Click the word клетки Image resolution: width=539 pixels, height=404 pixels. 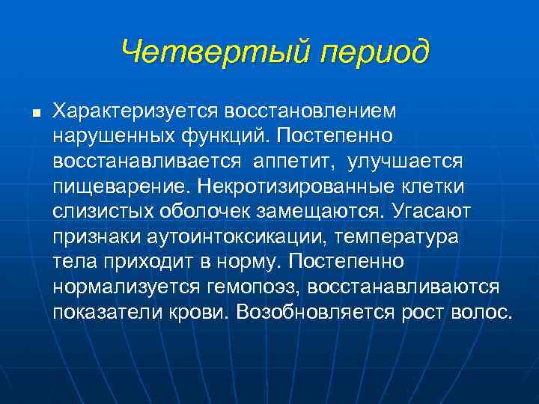click(x=433, y=186)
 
